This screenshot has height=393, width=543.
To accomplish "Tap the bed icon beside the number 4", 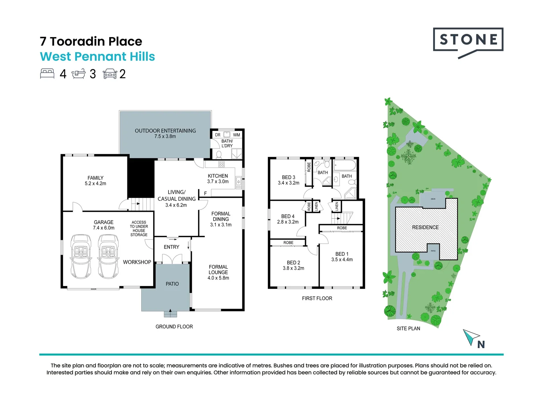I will tap(47, 74).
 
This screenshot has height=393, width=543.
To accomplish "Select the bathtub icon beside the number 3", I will tap(78, 74).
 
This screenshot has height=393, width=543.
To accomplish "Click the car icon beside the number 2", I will tap(110, 74).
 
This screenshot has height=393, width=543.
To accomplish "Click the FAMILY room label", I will tap(95, 180).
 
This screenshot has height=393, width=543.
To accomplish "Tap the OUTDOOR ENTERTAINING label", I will tap(165, 133).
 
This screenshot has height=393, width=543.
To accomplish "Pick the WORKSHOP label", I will tap(137, 262).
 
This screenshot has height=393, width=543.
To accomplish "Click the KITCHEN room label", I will tap(218, 178).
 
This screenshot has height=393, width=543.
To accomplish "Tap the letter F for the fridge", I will tap(206, 193).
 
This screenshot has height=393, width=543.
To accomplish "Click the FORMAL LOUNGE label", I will tap(218, 272).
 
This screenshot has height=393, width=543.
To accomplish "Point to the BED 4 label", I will tap(288, 219).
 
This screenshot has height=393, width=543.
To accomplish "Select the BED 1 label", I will tap(342, 257).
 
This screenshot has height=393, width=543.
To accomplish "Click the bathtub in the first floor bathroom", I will tap(345, 165).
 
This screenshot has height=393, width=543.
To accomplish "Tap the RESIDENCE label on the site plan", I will tap(425, 227).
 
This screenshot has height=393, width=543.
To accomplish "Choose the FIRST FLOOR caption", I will tap(317, 298).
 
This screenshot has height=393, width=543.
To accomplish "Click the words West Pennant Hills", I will tap(97, 57).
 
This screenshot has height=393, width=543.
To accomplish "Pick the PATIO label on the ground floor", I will tap(172, 284).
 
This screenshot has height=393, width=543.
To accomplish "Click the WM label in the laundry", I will tap(237, 135).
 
